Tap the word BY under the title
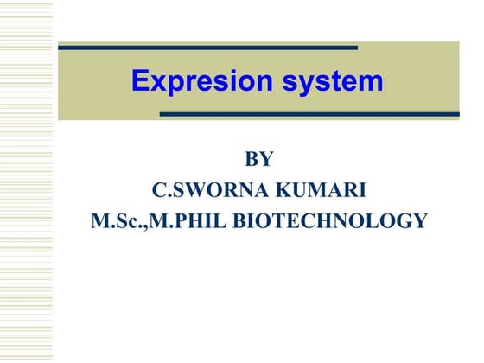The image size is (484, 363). coord(259,159)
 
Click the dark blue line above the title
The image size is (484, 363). coord(207,47)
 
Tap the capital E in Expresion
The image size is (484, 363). coord(141,82)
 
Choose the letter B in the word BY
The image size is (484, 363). coord(252,159)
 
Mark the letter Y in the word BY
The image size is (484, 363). coord(267,159)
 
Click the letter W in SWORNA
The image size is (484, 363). coord(189,189)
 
